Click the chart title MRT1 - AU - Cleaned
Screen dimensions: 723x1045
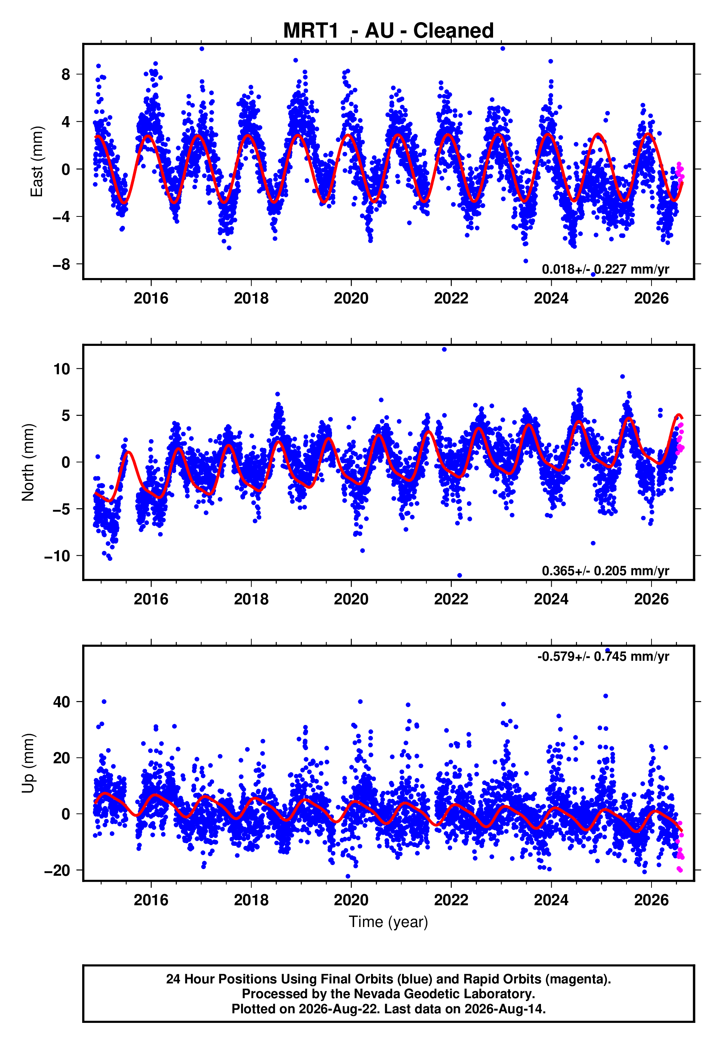tap(388, 31)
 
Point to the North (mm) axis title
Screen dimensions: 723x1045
tap(28, 462)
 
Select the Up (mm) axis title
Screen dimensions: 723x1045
tap(28, 763)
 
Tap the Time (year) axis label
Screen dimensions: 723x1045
tap(388, 922)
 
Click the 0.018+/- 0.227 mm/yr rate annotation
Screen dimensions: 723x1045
tap(605, 269)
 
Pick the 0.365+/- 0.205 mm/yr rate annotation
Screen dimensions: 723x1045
tap(605, 570)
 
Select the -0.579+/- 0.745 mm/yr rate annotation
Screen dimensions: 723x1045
tap(603, 656)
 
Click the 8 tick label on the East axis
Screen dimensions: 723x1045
tap(66, 74)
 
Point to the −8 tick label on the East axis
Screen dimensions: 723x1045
tap(61, 264)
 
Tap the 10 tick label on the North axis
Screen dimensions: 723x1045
tap(62, 369)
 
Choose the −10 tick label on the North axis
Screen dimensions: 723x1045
tap(57, 556)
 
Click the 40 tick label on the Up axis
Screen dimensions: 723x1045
tap(62, 702)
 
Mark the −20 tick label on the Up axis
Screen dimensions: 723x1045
tap(57, 871)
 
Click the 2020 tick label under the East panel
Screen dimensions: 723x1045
tap(351, 298)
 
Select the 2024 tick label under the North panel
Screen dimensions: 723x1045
tap(551, 599)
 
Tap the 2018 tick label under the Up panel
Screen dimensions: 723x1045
tap(251, 900)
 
